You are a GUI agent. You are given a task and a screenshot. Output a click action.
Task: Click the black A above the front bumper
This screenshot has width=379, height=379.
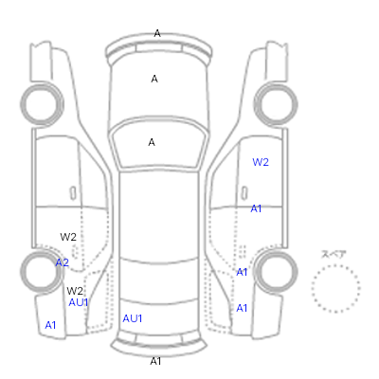click(157, 33)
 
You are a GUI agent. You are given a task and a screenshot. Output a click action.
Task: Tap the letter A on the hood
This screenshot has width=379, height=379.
click(154, 79)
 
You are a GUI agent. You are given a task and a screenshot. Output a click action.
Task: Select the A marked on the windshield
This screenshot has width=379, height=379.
click(152, 142)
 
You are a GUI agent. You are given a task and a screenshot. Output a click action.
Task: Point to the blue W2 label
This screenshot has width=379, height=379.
click(261, 162)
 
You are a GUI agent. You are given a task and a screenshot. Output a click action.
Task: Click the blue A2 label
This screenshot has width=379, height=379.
click(63, 262)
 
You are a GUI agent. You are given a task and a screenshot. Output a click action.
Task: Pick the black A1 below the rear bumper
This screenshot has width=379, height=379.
click(155, 361)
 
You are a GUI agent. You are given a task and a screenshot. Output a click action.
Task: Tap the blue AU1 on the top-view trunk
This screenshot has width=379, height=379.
click(133, 318)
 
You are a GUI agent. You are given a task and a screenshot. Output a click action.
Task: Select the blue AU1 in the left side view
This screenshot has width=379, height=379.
click(79, 302)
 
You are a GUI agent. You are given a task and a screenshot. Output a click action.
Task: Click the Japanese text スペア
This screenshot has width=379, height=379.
click(334, 254)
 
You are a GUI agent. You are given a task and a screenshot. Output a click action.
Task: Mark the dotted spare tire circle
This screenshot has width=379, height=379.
click(335, 266)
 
